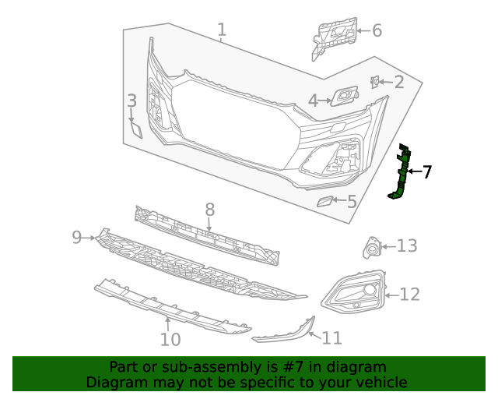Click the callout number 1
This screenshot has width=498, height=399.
222,30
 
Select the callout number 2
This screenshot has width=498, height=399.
398,83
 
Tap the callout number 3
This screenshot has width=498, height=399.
132,101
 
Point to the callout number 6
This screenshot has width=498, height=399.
377,31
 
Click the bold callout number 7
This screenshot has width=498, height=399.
426,172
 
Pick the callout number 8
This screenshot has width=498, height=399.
209,209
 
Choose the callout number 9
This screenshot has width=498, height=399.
77,237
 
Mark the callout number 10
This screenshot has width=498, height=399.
170,339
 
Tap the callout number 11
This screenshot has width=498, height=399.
332,338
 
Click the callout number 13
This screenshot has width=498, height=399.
407,246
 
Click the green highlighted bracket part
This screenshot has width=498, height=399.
402,173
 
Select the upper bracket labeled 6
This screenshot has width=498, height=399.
332,35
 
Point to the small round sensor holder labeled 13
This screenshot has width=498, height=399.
371,249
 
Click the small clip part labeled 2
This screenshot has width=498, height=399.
375,81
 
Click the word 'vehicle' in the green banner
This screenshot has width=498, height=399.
380,382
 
